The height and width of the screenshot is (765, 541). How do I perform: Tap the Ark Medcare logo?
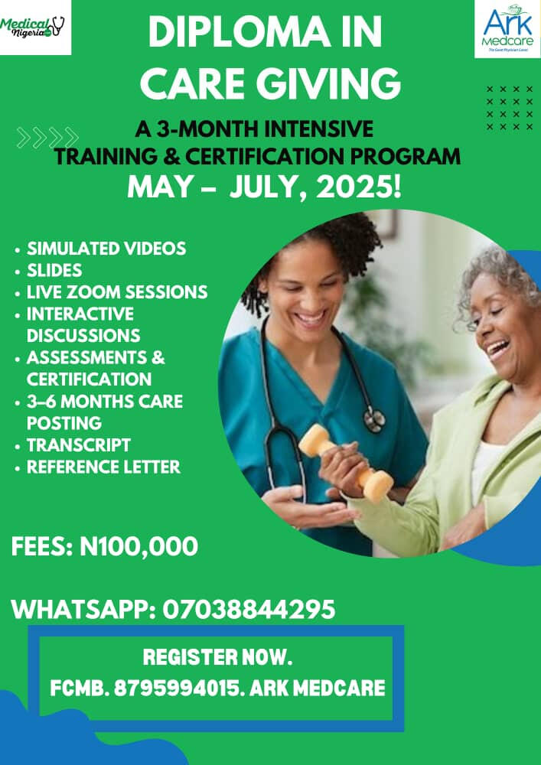[x=507, y=29]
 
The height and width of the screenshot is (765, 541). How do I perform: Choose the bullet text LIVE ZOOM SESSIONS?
[x=117, y=292]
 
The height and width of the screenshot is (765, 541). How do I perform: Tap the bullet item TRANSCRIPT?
[x=79, y=445]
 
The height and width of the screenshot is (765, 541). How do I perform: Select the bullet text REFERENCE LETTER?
[x=103, y=467]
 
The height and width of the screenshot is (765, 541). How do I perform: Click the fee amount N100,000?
[x=139, y=546]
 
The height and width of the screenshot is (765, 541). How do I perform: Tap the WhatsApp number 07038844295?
[x=249, y=610]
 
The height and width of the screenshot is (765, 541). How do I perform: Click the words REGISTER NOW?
[x=217, y=658]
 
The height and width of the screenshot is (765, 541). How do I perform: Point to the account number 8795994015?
[x=178, y=688]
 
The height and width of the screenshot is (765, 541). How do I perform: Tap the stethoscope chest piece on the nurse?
[x=373, y=418]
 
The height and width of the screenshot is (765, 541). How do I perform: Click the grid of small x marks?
[x=510, y=108]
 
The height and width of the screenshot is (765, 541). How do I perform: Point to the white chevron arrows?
[x=47, y=138]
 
